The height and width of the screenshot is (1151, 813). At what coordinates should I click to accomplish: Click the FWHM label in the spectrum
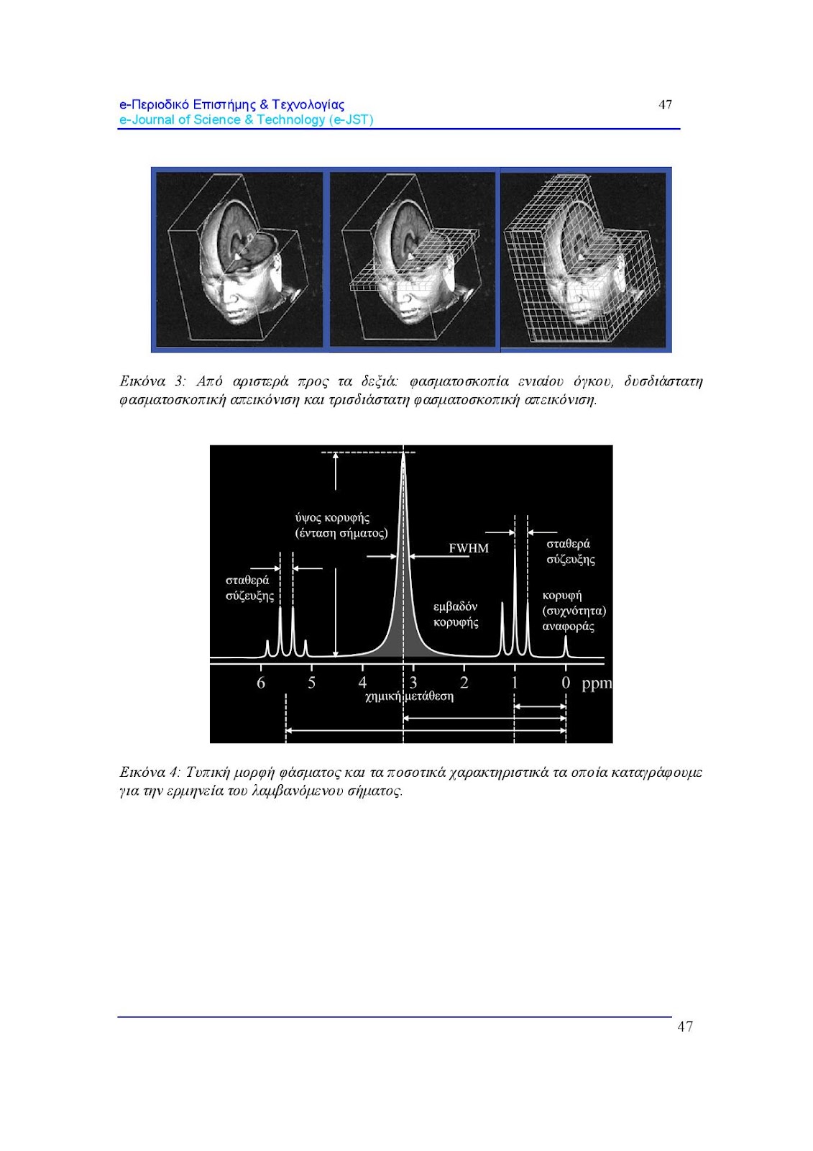coord(469,548)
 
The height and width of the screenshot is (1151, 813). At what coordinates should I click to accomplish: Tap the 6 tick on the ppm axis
coord(261,683)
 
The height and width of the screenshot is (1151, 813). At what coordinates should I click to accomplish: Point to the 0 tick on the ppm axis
coord(566,683)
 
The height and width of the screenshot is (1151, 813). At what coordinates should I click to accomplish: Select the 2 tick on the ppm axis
coord(464,683)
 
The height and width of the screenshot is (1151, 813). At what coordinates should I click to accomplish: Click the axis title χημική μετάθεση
coord(409,696)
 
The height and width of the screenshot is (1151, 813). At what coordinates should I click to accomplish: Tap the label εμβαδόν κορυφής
coord(456,614)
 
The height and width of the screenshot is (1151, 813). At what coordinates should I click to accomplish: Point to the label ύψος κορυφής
coord(333,518)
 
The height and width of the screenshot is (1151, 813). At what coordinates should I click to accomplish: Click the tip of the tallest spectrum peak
coord(403,453)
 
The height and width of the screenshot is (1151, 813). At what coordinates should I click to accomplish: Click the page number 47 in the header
coord(666,104)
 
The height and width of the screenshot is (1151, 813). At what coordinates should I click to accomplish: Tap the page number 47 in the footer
coord(685,1027)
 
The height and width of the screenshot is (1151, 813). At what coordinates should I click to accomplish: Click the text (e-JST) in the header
coord(352,120)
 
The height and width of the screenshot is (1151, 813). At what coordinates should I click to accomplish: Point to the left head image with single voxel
coord(239,260)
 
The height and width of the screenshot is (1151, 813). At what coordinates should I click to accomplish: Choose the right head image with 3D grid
coord(585,260)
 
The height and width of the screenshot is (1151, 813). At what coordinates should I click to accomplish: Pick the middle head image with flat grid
coord(412,260)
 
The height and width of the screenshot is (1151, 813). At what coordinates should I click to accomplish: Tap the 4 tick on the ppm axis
coord(363,683)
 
